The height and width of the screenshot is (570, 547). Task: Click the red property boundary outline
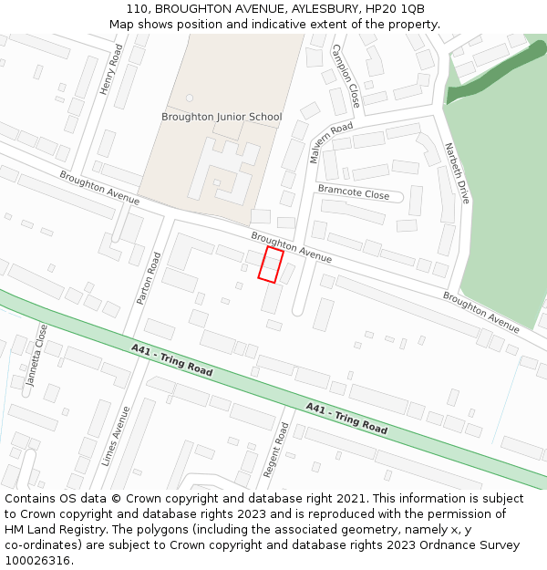(270, 264)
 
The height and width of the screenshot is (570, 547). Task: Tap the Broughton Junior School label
(222, 117)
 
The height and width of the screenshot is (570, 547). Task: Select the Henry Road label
(110, 71)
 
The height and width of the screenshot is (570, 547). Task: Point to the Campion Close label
(346, 76)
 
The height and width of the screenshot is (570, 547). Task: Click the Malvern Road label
(331, 142)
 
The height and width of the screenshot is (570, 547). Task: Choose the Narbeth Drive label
(457, 172)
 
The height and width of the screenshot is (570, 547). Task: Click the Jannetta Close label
(36, 355)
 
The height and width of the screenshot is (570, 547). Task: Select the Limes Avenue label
(116, 436)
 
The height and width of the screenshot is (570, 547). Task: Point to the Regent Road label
(275, 449)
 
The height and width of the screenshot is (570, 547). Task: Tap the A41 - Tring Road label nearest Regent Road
(346, 419)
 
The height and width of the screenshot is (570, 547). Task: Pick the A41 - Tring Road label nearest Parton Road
(171, 360)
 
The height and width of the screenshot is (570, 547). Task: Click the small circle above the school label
(190, 97)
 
